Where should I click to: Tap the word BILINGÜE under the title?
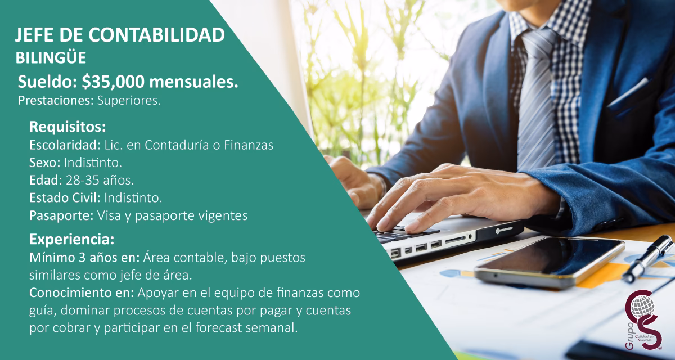(51, 57)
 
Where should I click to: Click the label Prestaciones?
(47, 101)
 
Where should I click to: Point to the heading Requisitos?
(67, 125)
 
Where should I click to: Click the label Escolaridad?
(65, 145)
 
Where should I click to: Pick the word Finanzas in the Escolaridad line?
(249, 145)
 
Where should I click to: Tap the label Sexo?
(44, 163)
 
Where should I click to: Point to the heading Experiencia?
(71, 239)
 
